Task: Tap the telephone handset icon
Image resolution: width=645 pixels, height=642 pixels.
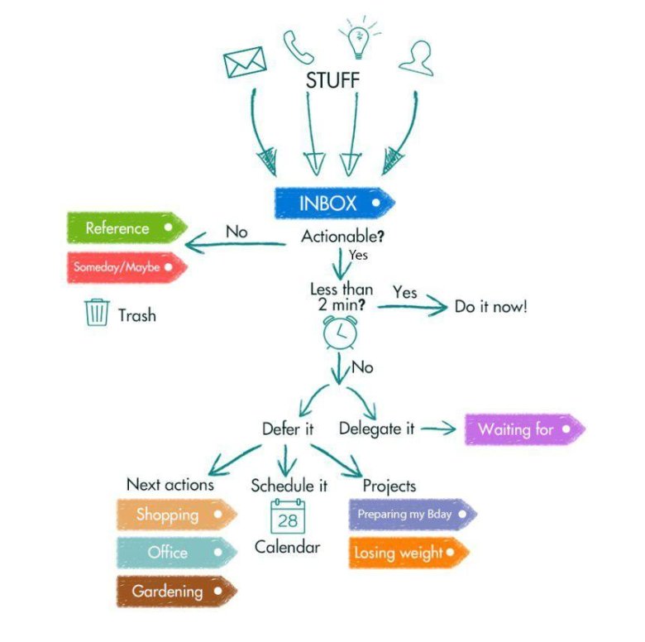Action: [299, 48]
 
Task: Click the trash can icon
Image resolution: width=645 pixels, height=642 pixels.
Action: [97, 313]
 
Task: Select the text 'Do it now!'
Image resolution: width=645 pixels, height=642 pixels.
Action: [490, 307]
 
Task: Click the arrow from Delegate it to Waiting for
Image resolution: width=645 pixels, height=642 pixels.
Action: [438, 429]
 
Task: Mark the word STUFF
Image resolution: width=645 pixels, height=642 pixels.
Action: [332, 81]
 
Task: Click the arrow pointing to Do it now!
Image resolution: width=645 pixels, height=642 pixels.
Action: [411, 308]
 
